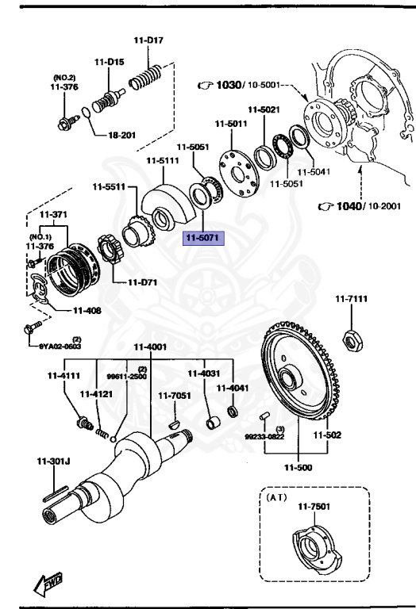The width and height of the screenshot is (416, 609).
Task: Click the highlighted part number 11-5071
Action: coord(205,238)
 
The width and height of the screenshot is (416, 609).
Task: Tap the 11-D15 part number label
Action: coord(110,61)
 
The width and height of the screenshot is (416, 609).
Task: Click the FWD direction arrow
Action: coord(48,585)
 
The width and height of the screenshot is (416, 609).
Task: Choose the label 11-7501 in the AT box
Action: coord(314,507)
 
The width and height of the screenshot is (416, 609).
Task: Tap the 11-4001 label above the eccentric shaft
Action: coord(150,347)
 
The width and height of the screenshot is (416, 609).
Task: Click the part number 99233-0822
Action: coord(264,436)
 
